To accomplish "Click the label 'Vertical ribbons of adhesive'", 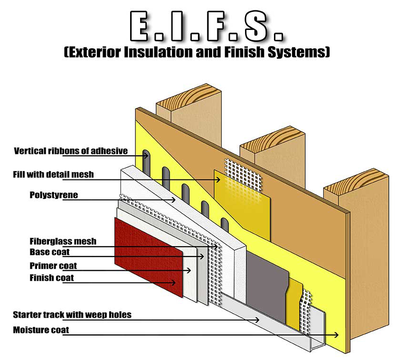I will [x=71, y=151].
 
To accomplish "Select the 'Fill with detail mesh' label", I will [x=53, y=174].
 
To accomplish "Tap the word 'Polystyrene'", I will [x=53, y=195].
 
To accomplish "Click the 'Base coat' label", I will [x=49, y=252].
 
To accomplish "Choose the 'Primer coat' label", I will [x=53, y=265].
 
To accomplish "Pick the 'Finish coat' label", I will [x=51, y=277].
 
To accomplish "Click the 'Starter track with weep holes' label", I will [x=72, y=314].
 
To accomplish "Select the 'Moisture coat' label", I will [x=41, y=330].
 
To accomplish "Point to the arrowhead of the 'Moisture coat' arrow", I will [x=337, y=335].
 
